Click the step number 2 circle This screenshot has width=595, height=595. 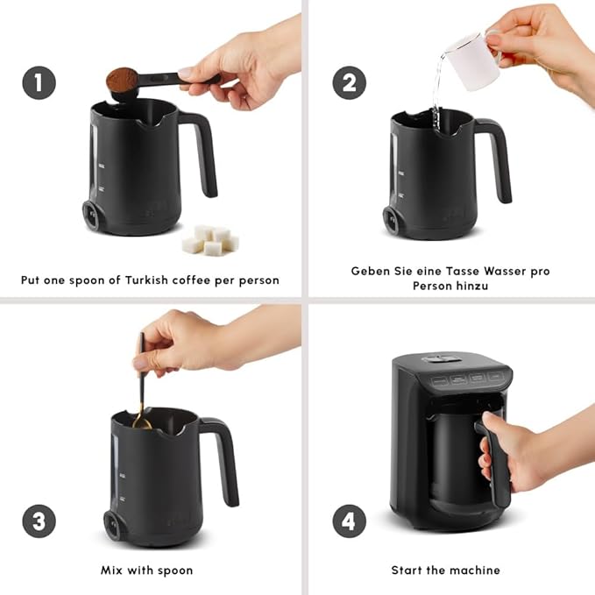(x=349, y=83)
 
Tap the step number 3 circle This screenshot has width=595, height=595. (x=39, y=521)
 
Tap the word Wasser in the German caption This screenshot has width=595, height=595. (x=485, y=271)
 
